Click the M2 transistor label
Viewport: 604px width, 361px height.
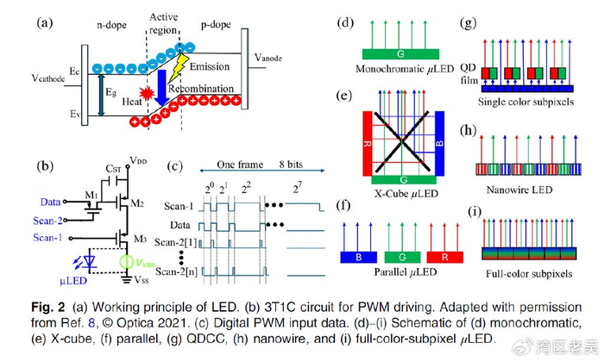click(x=136, y=205)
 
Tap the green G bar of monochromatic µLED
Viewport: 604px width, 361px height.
click(x=400, y=54)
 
